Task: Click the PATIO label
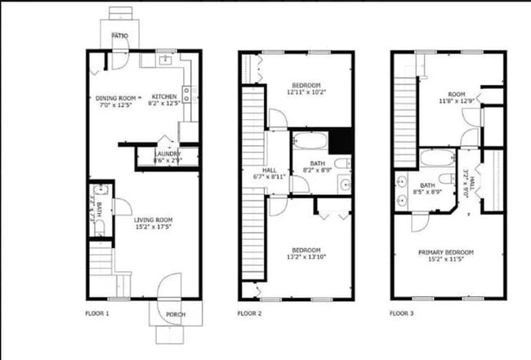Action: [x=120, y=36]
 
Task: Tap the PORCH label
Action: [x=175, y=315]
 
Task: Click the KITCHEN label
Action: [x=164, y=96]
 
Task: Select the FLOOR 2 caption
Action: [x=249, y=313]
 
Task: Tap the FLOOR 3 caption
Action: [x=402, y=313]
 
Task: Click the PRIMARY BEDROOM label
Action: [x=446, y=252]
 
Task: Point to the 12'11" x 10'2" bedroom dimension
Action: [x=307, y=92]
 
